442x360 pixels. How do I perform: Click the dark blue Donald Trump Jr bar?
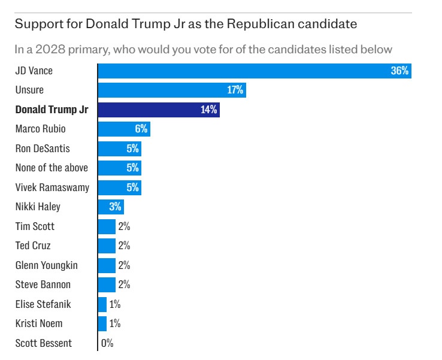(x=159, y=110)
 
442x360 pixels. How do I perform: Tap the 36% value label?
(x=399, y=71)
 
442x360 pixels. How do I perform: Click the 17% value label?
(x=235, y=90)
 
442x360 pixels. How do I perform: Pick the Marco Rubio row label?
(x=40, y=129)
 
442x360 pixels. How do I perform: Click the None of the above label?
(x=52, y=168)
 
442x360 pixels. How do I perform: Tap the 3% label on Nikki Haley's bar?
(x=116, y=207)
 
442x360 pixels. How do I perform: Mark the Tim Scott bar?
(x=107, y=226)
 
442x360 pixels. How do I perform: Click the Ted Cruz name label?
(x=33, y=246)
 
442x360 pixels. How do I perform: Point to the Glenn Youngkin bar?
(x=107, y=265)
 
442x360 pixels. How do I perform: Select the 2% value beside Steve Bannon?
(x=124, y=285)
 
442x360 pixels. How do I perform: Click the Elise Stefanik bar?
(x=102, y=304)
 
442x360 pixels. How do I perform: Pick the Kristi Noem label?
(x=39, y=323)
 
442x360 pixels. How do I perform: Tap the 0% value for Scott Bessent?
(x=107, y=343)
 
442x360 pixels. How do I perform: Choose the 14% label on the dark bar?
(x=208, y=110)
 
